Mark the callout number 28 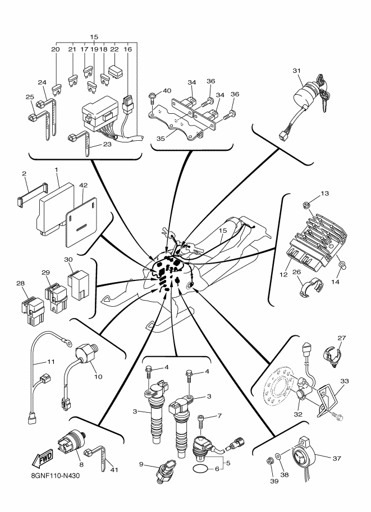click(x=21, y=284)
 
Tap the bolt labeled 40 click(x=153, y=101)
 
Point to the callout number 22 click(x=114, y=49)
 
